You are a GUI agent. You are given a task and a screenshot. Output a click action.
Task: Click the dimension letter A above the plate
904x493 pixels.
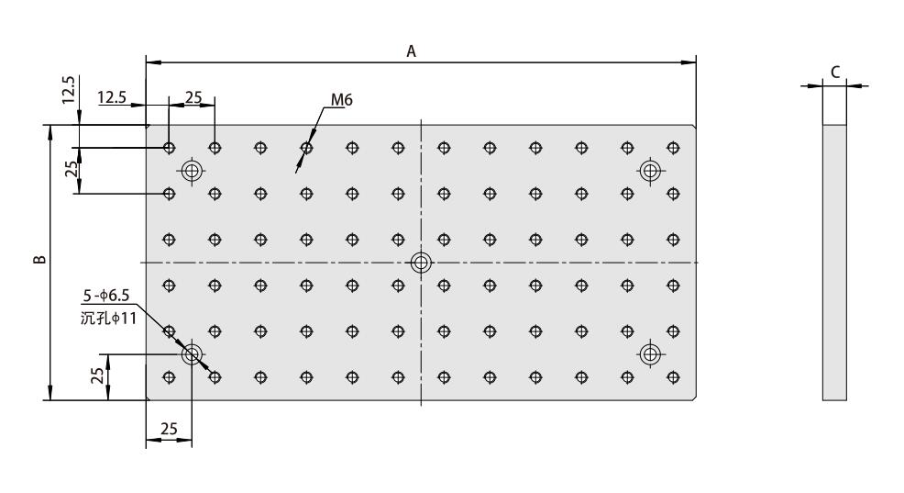point(412,52)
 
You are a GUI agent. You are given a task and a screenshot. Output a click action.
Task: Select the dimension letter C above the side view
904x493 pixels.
point(833,71)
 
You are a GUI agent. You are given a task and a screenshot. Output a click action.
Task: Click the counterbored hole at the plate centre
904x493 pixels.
point(421,263)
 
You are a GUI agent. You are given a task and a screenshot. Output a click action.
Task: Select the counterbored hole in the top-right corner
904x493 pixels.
point(650,170)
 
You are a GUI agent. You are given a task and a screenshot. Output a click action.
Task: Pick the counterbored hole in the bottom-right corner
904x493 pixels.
point(650,353)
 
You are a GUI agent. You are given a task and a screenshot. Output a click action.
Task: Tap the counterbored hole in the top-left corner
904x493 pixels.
point(192,170)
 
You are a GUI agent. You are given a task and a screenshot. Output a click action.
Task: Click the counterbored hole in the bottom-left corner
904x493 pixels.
point(192,353)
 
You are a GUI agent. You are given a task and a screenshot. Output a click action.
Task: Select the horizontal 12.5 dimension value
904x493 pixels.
point(111,95)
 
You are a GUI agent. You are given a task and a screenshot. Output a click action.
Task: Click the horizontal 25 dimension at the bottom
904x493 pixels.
point(169,429)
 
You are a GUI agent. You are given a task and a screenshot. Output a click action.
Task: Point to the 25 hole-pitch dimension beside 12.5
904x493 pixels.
point(193,95)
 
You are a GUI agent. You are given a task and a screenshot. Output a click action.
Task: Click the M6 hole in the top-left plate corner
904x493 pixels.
point(169,147)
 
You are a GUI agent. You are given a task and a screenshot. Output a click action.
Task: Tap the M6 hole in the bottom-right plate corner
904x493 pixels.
point(673,376)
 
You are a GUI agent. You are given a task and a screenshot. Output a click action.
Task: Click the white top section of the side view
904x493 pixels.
point(833,106)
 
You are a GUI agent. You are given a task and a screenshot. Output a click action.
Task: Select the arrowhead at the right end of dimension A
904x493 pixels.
point(689,62)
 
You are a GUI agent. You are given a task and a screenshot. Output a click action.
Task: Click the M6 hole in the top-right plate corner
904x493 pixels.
point(673,147)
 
